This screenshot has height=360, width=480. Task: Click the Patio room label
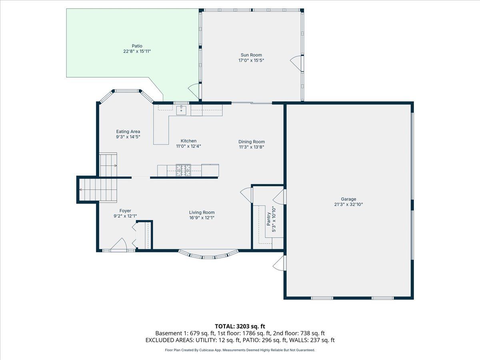pos(137,46)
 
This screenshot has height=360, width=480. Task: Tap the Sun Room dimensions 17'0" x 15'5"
pos(251,60)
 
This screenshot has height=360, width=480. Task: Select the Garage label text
pos(348,199)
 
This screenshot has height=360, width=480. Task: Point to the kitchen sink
pos(181,110)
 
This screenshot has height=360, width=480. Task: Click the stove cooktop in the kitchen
pos(184,170)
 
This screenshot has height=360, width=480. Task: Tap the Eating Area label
pos(128,132)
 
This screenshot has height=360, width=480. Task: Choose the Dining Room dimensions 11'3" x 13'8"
pos(252,147)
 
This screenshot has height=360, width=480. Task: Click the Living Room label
pos(202,212)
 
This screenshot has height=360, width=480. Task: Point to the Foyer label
pos(125,211)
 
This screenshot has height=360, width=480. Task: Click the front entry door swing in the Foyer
pos(119,244)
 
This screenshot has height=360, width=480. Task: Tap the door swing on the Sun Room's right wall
pos(296,63)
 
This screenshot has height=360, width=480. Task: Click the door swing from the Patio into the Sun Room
pos(194,91)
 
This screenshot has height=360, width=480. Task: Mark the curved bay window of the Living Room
pos(208,255)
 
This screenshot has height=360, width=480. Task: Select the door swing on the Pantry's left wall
pos(246,195)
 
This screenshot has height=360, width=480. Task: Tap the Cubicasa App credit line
pos(240,350)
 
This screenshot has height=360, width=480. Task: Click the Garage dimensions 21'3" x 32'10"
pos(348,204)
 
